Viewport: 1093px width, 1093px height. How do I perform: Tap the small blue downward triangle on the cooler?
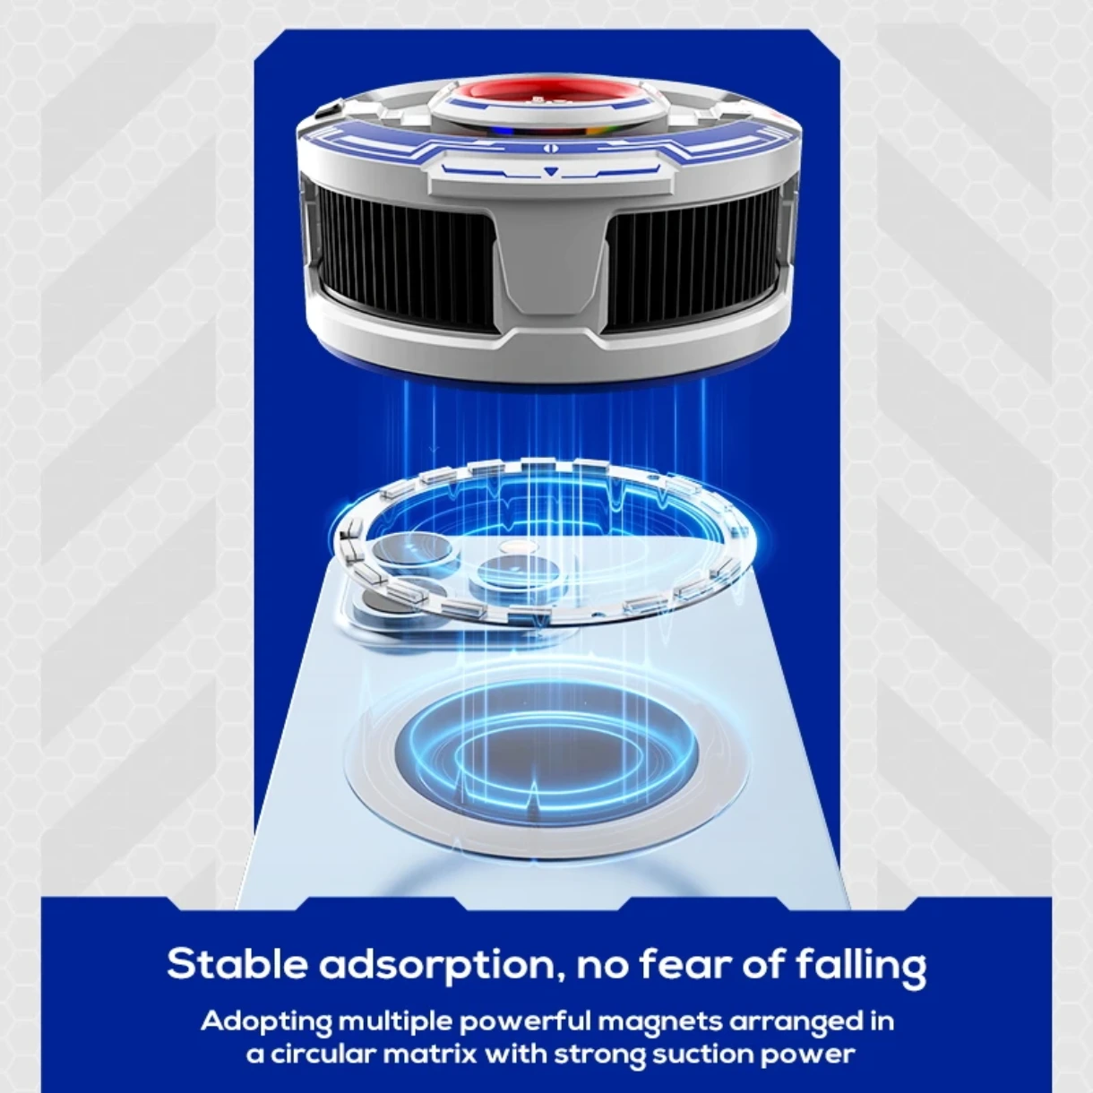(x=549, y=170)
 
